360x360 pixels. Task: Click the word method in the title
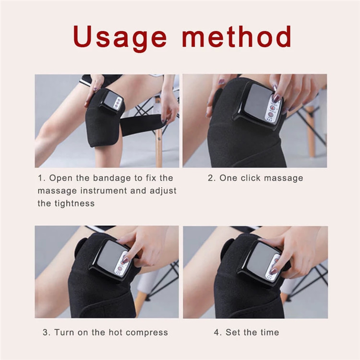[x=237, y=36]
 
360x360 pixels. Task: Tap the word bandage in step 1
[x=112, y=179]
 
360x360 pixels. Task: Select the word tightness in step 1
[x=74, y=204]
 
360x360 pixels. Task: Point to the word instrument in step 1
[x=104, y=191]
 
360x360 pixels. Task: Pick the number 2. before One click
[x=212, y=178]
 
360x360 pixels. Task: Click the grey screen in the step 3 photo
[x=110, y=257]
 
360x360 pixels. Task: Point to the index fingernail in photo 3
[x=125, y=260]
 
